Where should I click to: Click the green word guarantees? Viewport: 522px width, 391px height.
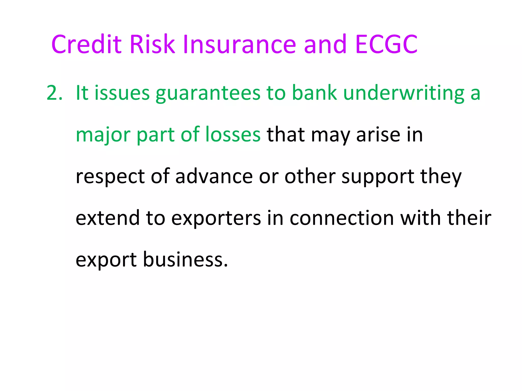pos(208,93)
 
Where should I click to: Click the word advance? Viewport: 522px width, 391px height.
pos(214,176)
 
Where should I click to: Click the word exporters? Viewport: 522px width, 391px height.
pos(216,218)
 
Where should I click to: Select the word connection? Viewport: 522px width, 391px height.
pos(342,218)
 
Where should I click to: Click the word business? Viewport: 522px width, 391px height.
pos(185,259)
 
